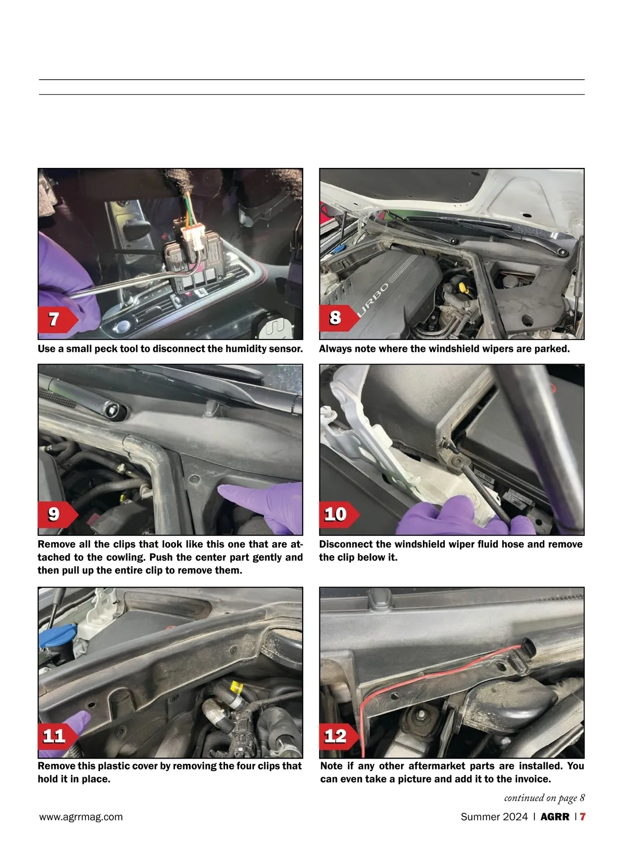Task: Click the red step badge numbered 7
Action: coord(58,320)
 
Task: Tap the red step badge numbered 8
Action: coord(339,318)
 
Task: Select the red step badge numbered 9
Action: coord(58,515)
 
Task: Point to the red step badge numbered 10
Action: coord(339,515)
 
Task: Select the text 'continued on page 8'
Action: coord(544,798)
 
